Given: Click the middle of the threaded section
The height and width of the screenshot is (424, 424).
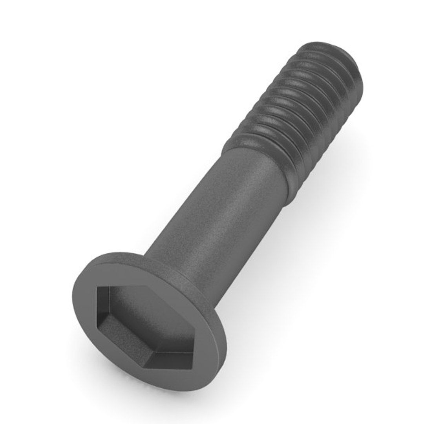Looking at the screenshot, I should (298, 114).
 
